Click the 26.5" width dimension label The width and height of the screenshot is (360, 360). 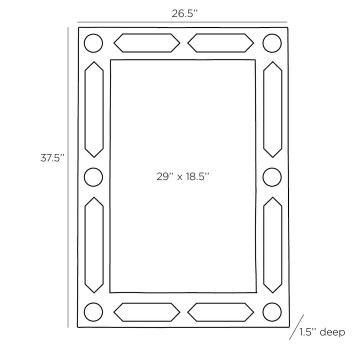(x=184, y=13)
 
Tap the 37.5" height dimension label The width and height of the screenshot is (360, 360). (x=52, y=158)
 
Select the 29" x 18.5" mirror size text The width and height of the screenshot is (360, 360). (x=183, y=176)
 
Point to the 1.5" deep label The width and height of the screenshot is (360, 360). (x=322, y=332)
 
